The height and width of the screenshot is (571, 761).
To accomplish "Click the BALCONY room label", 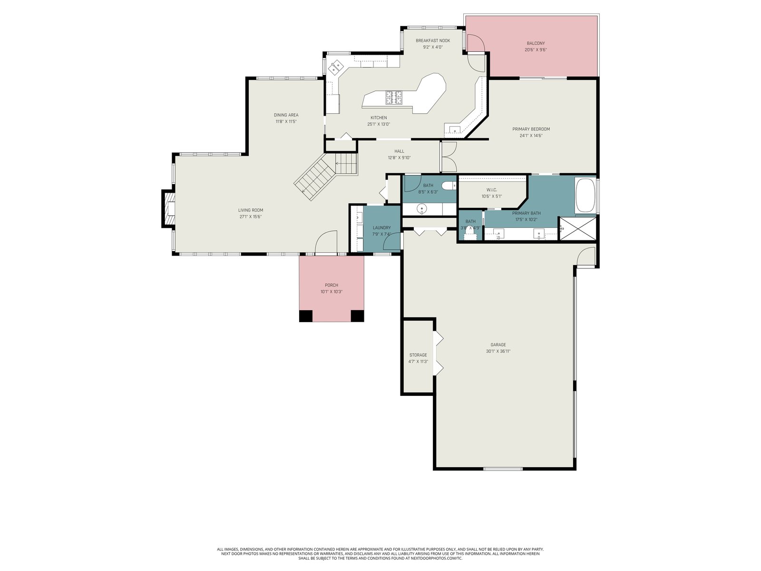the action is pos(536,43).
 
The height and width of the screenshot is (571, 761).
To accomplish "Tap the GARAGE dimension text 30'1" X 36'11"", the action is pos(498,351).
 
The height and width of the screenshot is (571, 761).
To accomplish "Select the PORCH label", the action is pos(332,285).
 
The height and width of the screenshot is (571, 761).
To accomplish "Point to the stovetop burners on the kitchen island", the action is pos(394,98).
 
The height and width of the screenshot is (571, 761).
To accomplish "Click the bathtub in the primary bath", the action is pos(585,195).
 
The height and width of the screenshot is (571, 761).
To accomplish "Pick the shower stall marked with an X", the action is pos(578,228).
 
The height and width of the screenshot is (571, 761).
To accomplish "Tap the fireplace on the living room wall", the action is pos(169,209).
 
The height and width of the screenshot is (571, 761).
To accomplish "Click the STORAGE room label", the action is pos(418,355).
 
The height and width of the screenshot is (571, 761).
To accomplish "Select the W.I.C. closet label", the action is pos(492,190).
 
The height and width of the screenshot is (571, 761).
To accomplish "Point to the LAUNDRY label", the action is pos(382,228).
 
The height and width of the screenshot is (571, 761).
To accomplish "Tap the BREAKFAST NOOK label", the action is pos(433,40).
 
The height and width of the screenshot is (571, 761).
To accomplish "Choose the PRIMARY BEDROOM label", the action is pos(531,129).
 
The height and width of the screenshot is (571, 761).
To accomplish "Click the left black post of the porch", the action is pos(306,316).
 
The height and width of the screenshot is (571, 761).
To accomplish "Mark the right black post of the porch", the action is pos(358,316).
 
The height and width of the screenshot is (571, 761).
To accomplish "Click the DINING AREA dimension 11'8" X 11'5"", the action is pos(286,122).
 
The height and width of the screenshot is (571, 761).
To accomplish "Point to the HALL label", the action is pos(400,151).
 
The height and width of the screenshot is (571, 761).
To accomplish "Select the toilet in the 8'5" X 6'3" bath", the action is pos(449,186).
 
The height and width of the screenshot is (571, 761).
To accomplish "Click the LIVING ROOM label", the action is pos(251,210).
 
